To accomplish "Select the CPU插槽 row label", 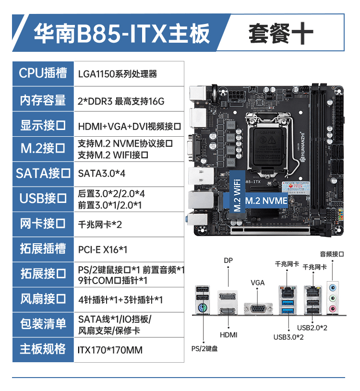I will [x=43, y=73].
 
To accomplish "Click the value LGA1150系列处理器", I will [x=118, y=74].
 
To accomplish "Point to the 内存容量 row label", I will [x=43, y=100].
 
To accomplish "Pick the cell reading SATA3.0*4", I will [x=101, y=173].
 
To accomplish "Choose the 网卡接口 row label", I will [x=43, y=223].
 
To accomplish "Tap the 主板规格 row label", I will [x=43, y=349].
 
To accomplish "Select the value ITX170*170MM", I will [x=110, y=350].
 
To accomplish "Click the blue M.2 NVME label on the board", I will [x=266, y=201].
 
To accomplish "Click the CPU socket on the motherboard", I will [x=267, y=141].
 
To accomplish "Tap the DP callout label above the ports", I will [x=228, y=261].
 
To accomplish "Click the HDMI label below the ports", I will [x=228, y=335].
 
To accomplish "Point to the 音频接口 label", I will [x=332, y=254].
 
